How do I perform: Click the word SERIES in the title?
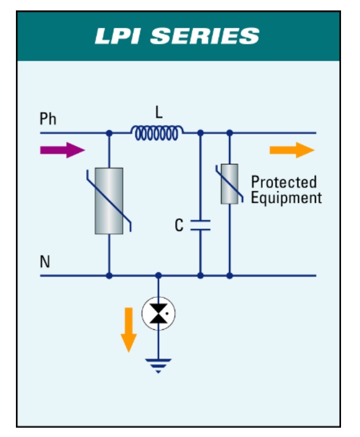pyautogui.click(x=204, y=36)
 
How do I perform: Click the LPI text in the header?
pyautogui.click(x=117, y=36)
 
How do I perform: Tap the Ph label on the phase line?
pyautogui.click(x=48, y=119)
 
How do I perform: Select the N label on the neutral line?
pyautogui.click(x=45, y=262)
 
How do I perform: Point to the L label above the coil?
pyautogui.click(x=159, y=113)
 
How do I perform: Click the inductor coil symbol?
pyautogui.click(x=157, y=132)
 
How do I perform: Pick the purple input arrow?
pyautogui.click(x=62, y=150)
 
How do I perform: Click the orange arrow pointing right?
pyautogui.click(x=292, y=150)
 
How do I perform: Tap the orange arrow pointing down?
pyautogui.click(x=129, y=330)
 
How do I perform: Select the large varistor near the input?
pyautogui.click(x=109, y=201)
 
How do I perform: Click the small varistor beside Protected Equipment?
pyautogui.click(x=230, y=184)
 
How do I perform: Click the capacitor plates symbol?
pyautogui.click(x=200, y=225)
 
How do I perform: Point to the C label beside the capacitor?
pyautogui.click(x=179, y=225)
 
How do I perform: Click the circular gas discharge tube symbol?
pyautogui.click(x=159, y=314)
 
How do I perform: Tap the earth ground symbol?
pyautogui.click(x=159, y=366)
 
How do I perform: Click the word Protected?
pyautogui.click(x=284, y=182)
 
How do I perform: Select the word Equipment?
pyautogui.click(x=287, y=198)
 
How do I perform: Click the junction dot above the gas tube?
pyautogui.click(x=159, y=276)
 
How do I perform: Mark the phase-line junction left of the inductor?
pyautogui.click(x=109, y=133)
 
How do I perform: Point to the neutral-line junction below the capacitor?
pyautogui.click(x=200, y=276)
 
